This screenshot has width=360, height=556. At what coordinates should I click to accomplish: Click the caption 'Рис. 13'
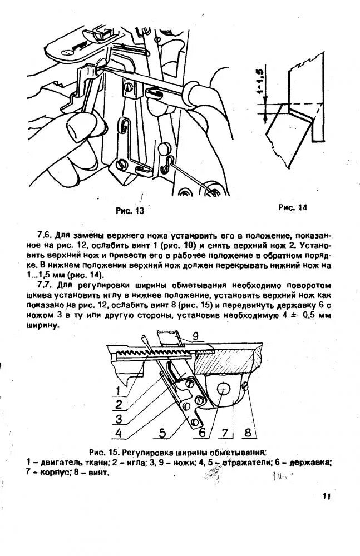(x=130, y=210)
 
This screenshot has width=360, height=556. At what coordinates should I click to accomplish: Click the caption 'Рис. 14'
(x=293, y=207)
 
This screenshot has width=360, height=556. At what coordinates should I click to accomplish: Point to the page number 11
(x=327, y=497)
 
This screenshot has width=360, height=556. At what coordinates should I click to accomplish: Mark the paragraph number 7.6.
(x=45, y=235)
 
